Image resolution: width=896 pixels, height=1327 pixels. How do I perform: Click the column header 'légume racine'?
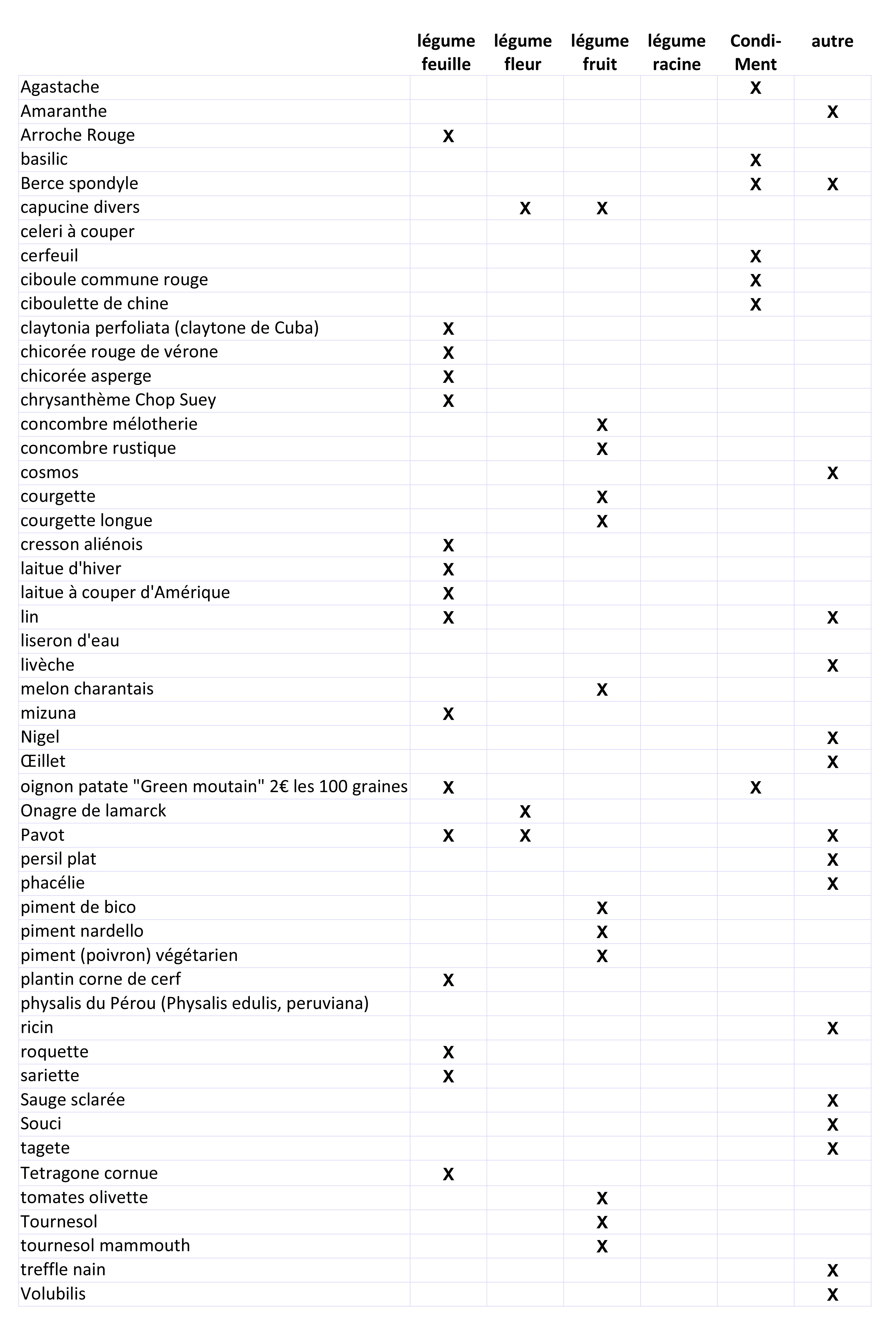pos(676,53)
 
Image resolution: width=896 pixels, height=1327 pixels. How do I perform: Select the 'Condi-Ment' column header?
pos(755,53)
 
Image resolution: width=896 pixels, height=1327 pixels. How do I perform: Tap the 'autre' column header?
pos(832,41)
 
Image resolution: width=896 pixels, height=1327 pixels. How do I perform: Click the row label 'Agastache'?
pos(60,87)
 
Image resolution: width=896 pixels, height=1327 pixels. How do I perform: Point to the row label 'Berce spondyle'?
pos(79,183)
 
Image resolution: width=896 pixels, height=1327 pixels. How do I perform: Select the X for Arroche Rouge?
pos(448,136)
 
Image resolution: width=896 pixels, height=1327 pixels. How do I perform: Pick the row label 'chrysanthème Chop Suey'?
pos(118,400)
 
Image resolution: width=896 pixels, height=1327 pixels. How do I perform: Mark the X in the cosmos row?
pos(832,473)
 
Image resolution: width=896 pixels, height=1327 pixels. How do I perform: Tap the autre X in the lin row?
pos(832,617)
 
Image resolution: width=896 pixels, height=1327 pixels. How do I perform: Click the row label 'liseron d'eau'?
pos(70,641)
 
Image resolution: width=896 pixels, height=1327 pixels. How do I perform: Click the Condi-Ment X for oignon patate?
pos(755,787)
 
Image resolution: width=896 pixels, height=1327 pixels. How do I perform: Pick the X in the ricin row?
pos(832,1028)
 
